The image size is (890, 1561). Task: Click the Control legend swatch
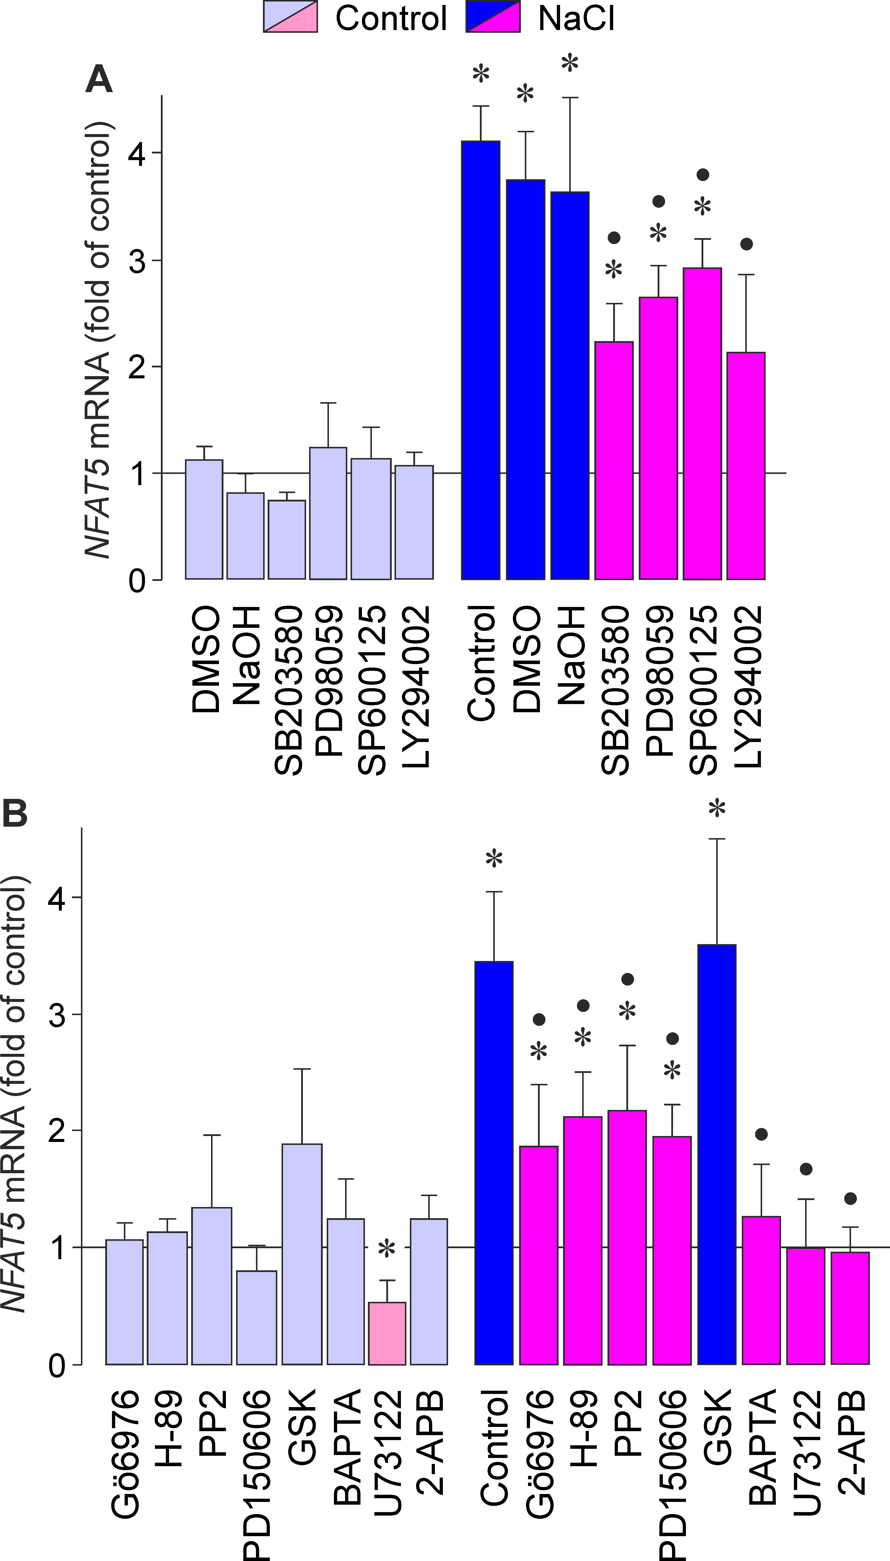(x=290, y=16)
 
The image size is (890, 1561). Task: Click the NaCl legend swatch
(x=493, y=16)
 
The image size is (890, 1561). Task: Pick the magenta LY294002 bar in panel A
(x=746, y=466)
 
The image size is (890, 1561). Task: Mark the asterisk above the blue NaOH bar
(x=570, y=64)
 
